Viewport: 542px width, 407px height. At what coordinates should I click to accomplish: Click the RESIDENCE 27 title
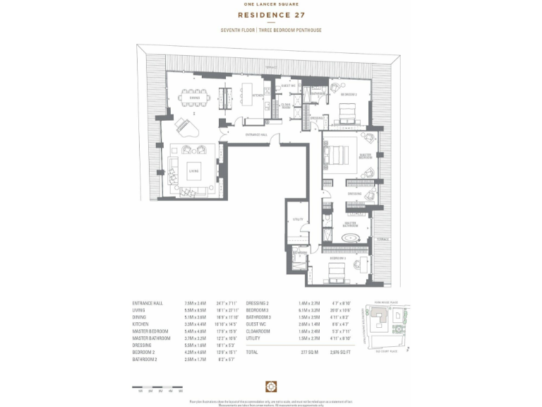(x=271, y=14)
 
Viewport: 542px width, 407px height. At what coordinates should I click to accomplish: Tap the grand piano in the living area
(x=188, y=129)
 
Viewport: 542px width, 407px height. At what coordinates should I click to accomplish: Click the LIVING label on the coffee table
(x=193, y=171)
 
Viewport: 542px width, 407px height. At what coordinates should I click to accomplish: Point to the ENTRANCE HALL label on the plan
(x=255, y=134)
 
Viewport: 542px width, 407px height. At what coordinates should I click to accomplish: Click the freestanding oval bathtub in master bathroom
(x=351, y=238)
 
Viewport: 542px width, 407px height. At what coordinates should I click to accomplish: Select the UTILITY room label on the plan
(x=297, y=219)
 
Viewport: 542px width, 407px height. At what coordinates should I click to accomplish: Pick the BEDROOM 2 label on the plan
(x=349, y=94)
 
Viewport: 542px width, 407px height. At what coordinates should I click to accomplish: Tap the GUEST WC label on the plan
(x=288, y=85)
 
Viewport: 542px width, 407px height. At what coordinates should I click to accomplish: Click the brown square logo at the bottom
(x=270, y=385)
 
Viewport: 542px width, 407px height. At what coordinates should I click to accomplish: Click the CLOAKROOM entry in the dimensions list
(x=260, y=331)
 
